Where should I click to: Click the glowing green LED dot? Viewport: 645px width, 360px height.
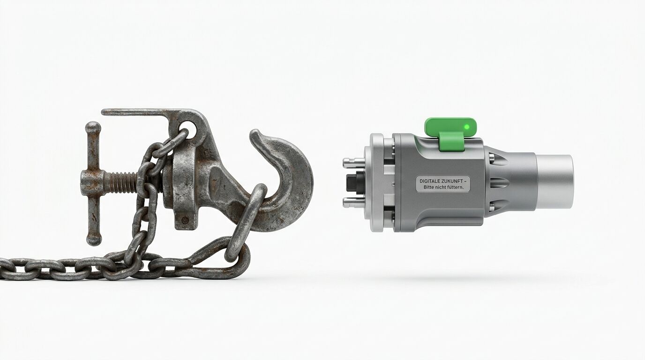(x=467, y=127)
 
